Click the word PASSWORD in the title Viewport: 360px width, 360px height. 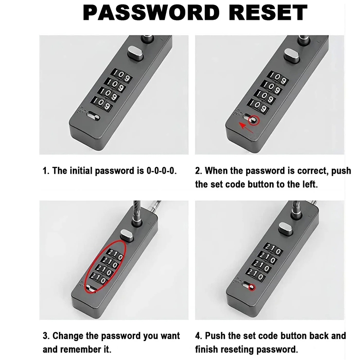pyautogui.click(x=151, y=13)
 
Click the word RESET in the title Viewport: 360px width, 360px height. pyautogui.click(x=268, y=13)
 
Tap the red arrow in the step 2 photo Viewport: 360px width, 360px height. pyautogui.click(x=246, y=128)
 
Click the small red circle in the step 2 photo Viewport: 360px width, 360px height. pyautogui.click(x=254, y=120)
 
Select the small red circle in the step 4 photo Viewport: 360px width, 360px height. pyautogui.click(x=252, y=287)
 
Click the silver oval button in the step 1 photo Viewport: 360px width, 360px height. pyautogui.click(x=135, y=53)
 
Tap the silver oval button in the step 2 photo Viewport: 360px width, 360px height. pyautogui.click(x=292, y=55)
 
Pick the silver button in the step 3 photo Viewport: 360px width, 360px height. pyautogui.click(x=127, y=235)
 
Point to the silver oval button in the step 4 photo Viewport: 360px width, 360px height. pyautogui.click(x=286, y=229)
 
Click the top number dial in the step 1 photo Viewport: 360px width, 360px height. pyautogui.click(x=121, y=75)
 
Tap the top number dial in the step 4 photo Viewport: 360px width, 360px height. pyautogui.click(x=273, y=249)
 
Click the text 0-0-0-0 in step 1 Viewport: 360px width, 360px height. pyautogui.click(x=162, y=171)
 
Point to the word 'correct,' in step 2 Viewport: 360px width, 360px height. pyautogui.click(x=313, y=171)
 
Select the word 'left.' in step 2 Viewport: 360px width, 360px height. pyautogui.click(x=310, y=184)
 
